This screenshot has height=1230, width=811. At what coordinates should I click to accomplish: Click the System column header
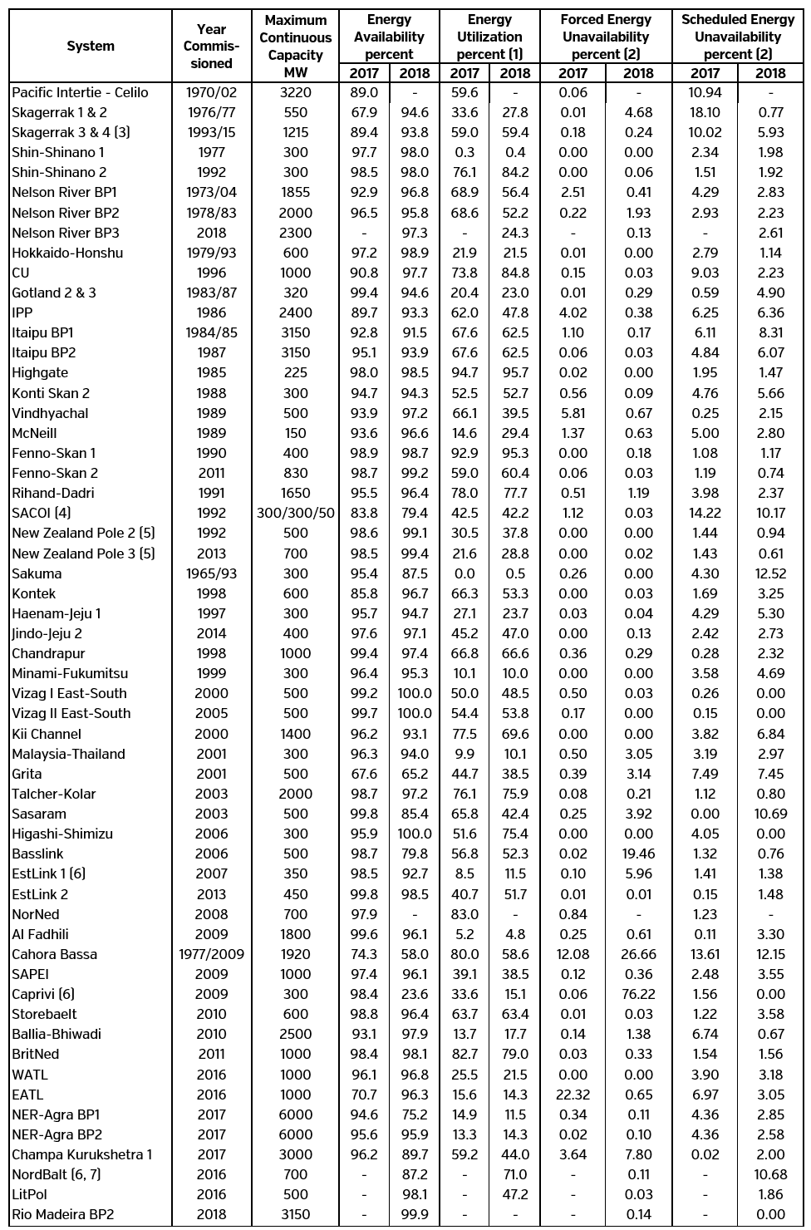(90, 47)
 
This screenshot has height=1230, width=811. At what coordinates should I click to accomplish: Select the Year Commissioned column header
(211, 47)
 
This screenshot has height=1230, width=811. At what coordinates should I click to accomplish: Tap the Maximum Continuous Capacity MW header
(295, 47)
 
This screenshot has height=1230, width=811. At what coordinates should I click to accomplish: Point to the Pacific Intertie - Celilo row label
(80, 92)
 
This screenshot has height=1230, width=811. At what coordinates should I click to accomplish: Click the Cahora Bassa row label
(54, 954)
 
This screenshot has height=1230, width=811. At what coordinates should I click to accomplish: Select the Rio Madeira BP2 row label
(62, 1214)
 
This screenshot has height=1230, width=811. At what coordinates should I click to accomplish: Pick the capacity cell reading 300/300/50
(296, 513)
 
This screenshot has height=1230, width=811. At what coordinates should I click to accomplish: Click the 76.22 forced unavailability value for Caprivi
(638, 994)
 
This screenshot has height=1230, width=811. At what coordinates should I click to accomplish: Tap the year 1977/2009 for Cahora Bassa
(211, 954)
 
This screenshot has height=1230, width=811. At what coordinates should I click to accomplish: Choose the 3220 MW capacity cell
(296, 92)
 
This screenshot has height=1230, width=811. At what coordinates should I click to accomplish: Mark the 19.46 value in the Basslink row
(638, 854)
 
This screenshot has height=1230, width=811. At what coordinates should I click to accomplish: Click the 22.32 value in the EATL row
(573, 1095)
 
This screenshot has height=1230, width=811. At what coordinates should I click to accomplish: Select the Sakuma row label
(37, 573)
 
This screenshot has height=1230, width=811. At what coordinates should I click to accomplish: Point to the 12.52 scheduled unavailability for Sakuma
(770, 573)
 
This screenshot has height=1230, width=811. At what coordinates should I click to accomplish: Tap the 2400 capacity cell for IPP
(296, 312)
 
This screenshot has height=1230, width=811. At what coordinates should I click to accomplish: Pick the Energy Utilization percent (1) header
(489, 37)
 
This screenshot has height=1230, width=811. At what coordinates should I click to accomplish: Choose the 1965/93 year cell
(211, 573)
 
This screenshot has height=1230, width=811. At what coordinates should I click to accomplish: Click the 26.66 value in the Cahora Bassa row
(638, 954)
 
